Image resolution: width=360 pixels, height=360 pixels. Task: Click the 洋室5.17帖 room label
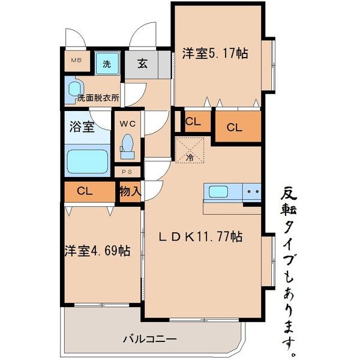tap(215, 53)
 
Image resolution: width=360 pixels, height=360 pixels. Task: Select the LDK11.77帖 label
tap(200, 237)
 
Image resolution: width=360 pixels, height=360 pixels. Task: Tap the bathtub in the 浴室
tap(87, 161)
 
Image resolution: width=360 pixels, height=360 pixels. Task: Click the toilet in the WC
tap(127, 146)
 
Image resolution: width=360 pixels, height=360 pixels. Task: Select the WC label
tap(127, 124)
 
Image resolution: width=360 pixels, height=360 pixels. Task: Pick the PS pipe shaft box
tap(127, 171)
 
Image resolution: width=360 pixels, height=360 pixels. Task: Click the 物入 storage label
tap(130, 192)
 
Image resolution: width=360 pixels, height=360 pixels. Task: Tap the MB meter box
tap(77, 61)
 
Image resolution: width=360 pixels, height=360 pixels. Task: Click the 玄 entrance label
tap(143, 64)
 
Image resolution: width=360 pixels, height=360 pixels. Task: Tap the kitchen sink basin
tap(217, 192)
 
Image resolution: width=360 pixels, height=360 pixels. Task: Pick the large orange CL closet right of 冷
tap(238, 127)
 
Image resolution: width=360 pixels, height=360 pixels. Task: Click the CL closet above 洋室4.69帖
tap(85, 191)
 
